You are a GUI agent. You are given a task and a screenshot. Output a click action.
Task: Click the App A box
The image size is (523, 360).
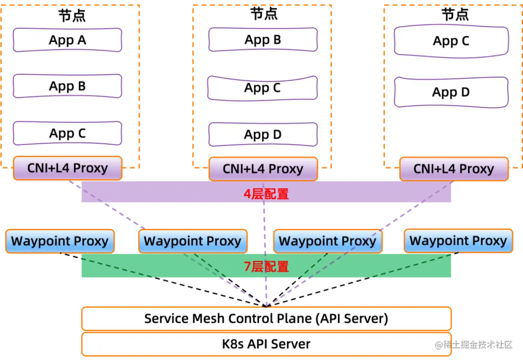pyautogui.click(x=67, y=40)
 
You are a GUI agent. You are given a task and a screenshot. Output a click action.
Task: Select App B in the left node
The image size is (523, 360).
pyautogui.click(x=67, y=86)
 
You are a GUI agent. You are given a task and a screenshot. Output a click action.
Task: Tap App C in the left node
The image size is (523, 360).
pyautogui.click(x=67, y=134)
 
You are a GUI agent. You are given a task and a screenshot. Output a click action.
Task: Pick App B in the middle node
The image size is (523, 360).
pyautogui.click(x=263, y=40)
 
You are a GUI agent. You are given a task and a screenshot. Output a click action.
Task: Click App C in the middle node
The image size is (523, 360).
pyautogui.click(x=262, y=88)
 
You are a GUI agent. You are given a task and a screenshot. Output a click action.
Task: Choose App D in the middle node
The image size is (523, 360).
pyautogui.click(x=263, y=135)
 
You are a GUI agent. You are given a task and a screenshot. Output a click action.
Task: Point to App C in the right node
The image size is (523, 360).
pyautogui.click(x=451, y=42)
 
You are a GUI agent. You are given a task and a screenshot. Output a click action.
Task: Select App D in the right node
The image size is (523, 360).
pyautogui.click(x=451, y=92)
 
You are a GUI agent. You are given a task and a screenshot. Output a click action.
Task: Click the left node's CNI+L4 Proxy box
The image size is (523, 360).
pyautogui.click(x=67, y=168)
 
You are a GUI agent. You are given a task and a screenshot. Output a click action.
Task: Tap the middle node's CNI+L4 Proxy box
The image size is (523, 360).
pyautogui.click(x=263, y=169)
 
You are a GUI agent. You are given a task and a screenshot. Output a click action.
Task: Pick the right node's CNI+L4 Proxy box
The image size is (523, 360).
pyautogui.click(x=454, y=169)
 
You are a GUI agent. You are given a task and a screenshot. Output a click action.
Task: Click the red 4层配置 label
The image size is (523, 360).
pyautogui.click(x=266, y=195)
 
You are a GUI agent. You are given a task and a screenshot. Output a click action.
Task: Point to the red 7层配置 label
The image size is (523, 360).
pyautogui.click(x=266, y=267)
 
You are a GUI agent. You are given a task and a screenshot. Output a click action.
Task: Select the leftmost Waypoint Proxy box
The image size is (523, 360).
pyautogui.click(x=60, y=241)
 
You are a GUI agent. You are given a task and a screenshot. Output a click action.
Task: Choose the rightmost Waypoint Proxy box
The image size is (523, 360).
pyautogui.click(x=458, y=240)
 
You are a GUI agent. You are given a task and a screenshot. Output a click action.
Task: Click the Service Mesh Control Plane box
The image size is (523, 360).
pyautogui.click(x=266, y=319)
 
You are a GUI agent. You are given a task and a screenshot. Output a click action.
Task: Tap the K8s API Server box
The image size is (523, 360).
pyautogui.click(x=266, y=344)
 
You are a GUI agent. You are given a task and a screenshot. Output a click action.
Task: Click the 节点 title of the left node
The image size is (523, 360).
pyautogui.click(x=72, y=15)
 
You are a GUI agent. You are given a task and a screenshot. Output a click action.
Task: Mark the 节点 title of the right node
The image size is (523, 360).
pyautogui.click(x=455, y=15)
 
